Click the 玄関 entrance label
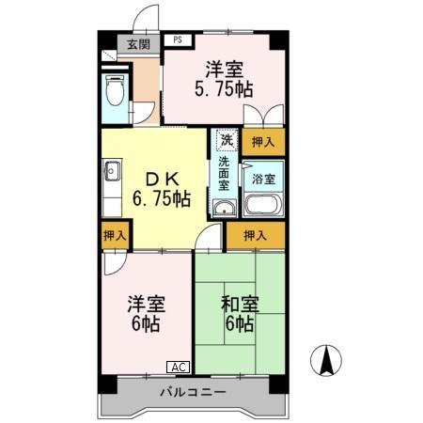pyautogui.click(x=138, y=44)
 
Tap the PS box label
pyautogui.click(x=177, y=40)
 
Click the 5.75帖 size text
pyautogui.click(x=223, y=90)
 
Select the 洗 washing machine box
pyautogui.click(x=226, y=139)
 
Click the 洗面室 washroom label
pyautogui.click(x=225, y=173)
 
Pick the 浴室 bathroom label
pyautogui.click(x=262, y=179)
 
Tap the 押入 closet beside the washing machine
pyautogui.click(x=263, y=142)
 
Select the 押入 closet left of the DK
pyautogui.click(x=115, y=235)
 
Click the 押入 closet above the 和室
pyautogui.click(x=255, y=235)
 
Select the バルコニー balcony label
pyautogui.click(x=192, y=391)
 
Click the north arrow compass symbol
pyautogui.click(x=327, y=360)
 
